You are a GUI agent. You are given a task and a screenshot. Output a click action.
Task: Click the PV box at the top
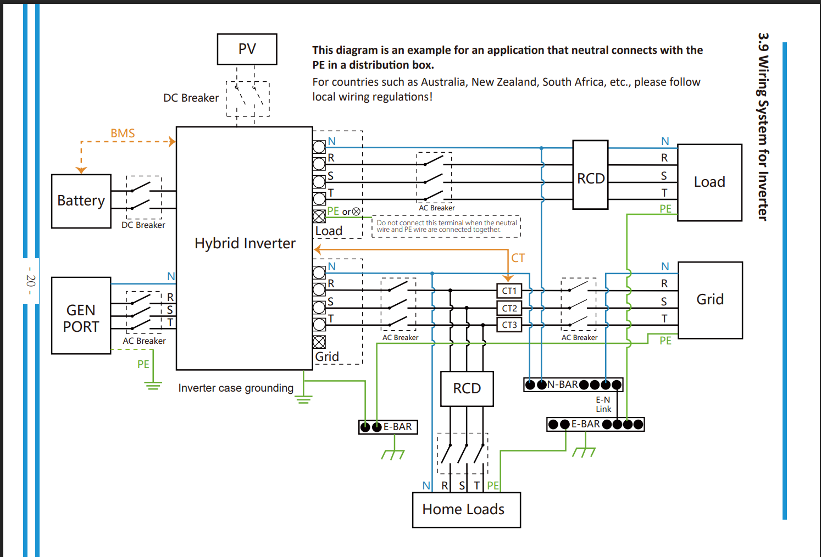(247, 49)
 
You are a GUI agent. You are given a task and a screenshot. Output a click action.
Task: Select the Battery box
(81, 201)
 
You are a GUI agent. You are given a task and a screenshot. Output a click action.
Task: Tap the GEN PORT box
(81, 315)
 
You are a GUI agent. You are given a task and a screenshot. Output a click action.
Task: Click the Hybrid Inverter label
(245, 243)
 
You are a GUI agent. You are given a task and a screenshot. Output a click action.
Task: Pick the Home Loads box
(466, 510)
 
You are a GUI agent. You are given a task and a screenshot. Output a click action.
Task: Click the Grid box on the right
(710, 300)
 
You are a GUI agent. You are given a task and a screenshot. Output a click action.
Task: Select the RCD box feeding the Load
(590, 175)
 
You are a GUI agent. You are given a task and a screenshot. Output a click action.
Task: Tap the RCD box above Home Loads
(467, 389)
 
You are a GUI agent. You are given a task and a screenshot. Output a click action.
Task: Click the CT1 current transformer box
(509, 291)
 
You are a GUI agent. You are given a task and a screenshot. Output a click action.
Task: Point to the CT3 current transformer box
(509, 325)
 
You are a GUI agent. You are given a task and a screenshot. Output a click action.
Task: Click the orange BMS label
(123, 133)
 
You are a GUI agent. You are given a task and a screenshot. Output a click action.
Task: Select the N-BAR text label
(562, 385)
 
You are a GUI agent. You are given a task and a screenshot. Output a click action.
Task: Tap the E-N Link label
(603, 404)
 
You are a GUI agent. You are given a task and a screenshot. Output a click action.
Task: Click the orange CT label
(518, 258)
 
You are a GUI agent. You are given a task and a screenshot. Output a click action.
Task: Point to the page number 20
(31, 281)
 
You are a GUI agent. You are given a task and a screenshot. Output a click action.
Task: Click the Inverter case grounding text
(236, 388)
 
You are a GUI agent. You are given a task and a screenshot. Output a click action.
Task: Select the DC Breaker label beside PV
(191, 98)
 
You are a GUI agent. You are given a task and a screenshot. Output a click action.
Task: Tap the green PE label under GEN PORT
(143, 364)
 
